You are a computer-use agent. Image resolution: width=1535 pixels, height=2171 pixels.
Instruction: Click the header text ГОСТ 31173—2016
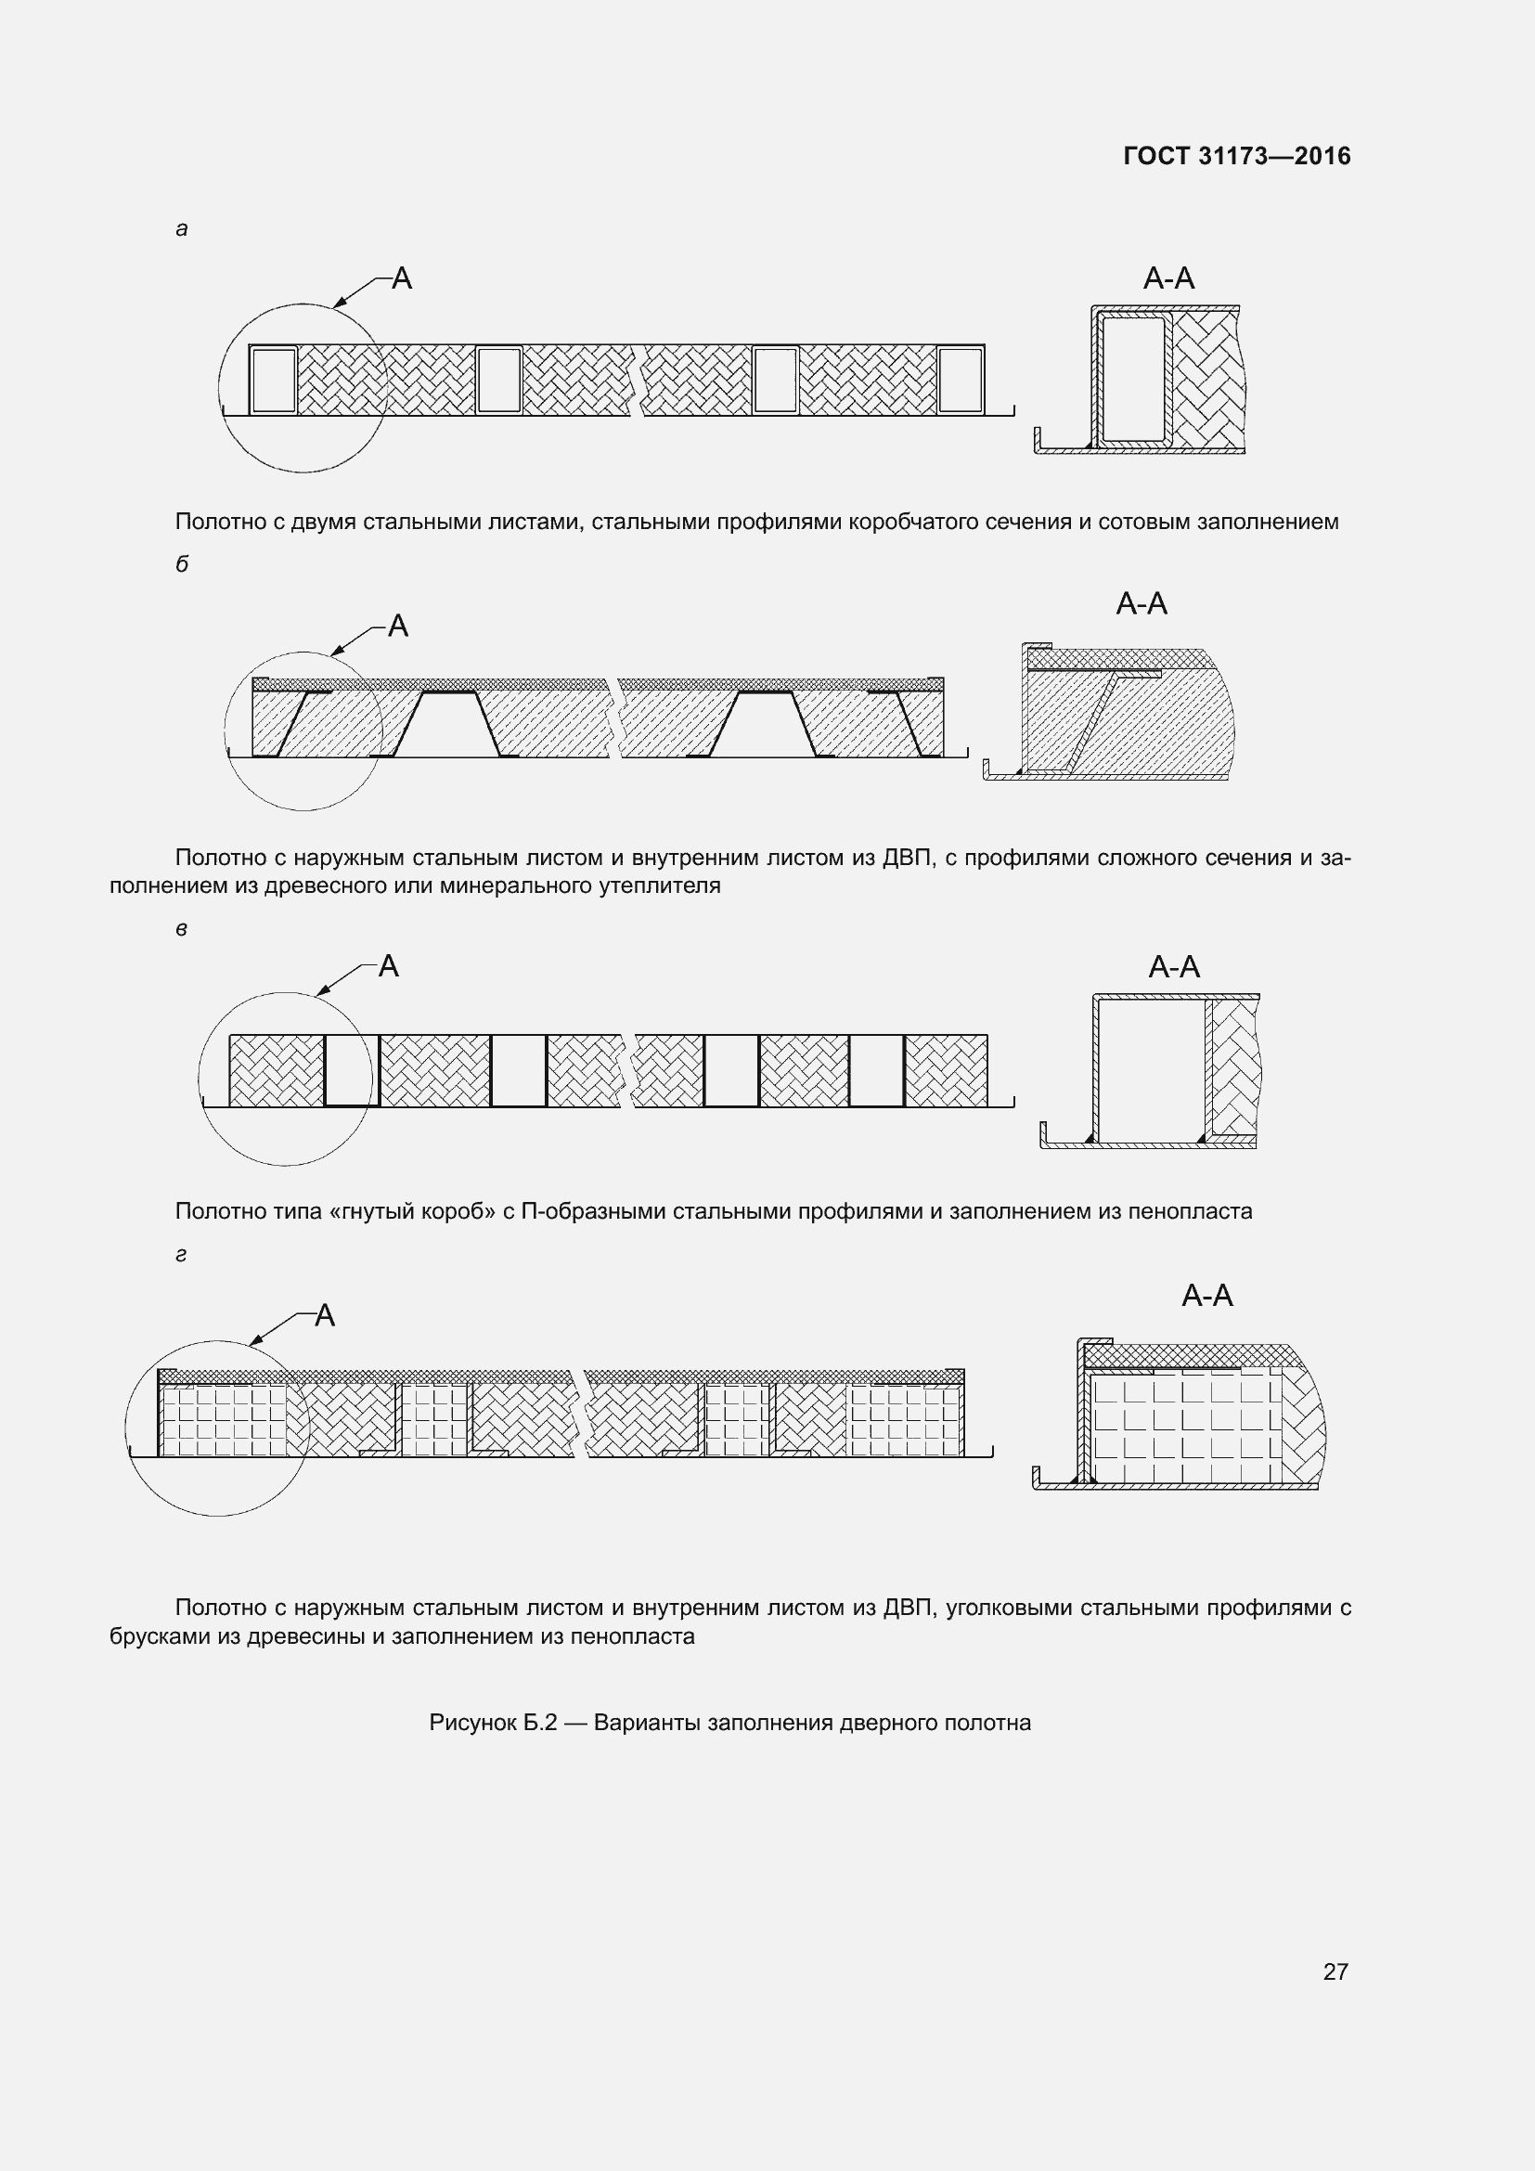[x=1236, y=156]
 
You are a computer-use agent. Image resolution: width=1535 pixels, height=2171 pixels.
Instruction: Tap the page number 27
[x=1335, y=1971]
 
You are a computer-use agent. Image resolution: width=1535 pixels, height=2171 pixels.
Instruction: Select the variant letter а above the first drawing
[x=182, y=229]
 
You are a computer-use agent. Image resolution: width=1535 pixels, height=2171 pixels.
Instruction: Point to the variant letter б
[x=182, y=563]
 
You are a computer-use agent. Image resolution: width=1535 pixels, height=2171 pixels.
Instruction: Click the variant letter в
[x=182, y=929]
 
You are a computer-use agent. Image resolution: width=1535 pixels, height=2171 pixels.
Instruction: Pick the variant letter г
[x=182, y=1255]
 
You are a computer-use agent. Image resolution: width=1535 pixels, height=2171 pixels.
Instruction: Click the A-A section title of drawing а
[x=1168, y=278]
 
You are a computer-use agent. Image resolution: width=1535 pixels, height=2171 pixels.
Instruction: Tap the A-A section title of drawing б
[x=1141, y=603]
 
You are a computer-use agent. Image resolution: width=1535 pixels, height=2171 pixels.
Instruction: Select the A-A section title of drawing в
[x=1174, y=966]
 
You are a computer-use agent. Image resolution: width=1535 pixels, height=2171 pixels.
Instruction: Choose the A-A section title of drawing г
[x=1207, y=1295]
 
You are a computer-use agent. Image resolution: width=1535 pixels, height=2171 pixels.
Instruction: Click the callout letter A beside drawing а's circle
[x=402, y=278]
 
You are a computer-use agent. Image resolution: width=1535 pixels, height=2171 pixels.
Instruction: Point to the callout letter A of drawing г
[x=324, y=1315]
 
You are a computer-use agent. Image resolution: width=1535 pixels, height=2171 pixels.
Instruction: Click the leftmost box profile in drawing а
[x=274, y=381]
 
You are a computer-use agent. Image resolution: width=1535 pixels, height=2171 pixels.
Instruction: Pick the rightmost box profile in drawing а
[x=961, y=381]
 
